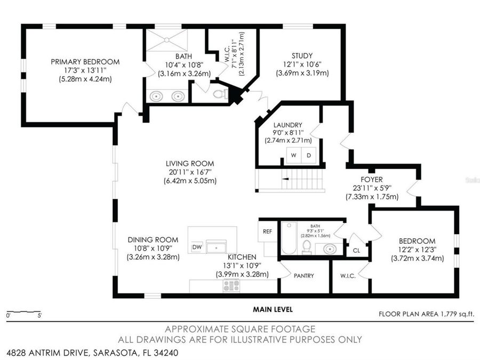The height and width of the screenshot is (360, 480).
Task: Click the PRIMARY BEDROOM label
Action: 85,62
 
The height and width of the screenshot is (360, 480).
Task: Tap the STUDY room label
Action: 302,55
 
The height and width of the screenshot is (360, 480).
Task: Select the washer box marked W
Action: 293,155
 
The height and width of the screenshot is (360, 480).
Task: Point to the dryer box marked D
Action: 309,155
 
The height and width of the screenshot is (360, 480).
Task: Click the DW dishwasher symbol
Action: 197,247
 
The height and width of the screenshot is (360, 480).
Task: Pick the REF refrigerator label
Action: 267,231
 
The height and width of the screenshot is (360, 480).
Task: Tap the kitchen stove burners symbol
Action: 231,286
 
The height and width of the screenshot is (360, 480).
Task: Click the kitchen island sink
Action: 217,247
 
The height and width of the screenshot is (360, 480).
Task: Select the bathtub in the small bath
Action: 289,238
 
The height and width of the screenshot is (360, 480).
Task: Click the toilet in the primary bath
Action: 220,94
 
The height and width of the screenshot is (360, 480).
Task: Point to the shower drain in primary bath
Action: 166,40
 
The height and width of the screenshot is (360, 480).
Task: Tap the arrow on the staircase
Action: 285,179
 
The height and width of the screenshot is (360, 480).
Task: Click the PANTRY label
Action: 303,276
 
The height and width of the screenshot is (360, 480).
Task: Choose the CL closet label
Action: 356,251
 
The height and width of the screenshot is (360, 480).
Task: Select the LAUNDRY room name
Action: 288,125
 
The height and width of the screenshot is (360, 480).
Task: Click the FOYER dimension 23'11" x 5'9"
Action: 372,188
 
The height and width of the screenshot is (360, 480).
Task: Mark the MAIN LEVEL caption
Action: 273,309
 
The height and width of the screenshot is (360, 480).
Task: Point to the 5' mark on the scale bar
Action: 39,315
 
